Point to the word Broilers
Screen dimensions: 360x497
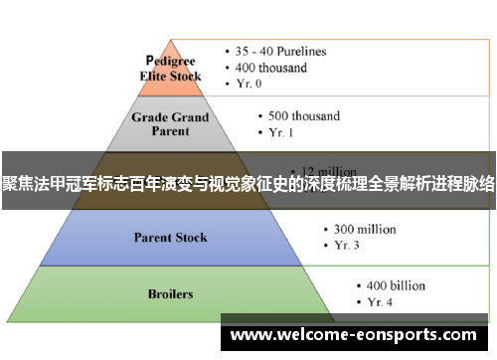(170, 294)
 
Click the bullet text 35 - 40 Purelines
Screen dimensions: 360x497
(280, 51)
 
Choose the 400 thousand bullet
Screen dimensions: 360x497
(271, 68)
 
